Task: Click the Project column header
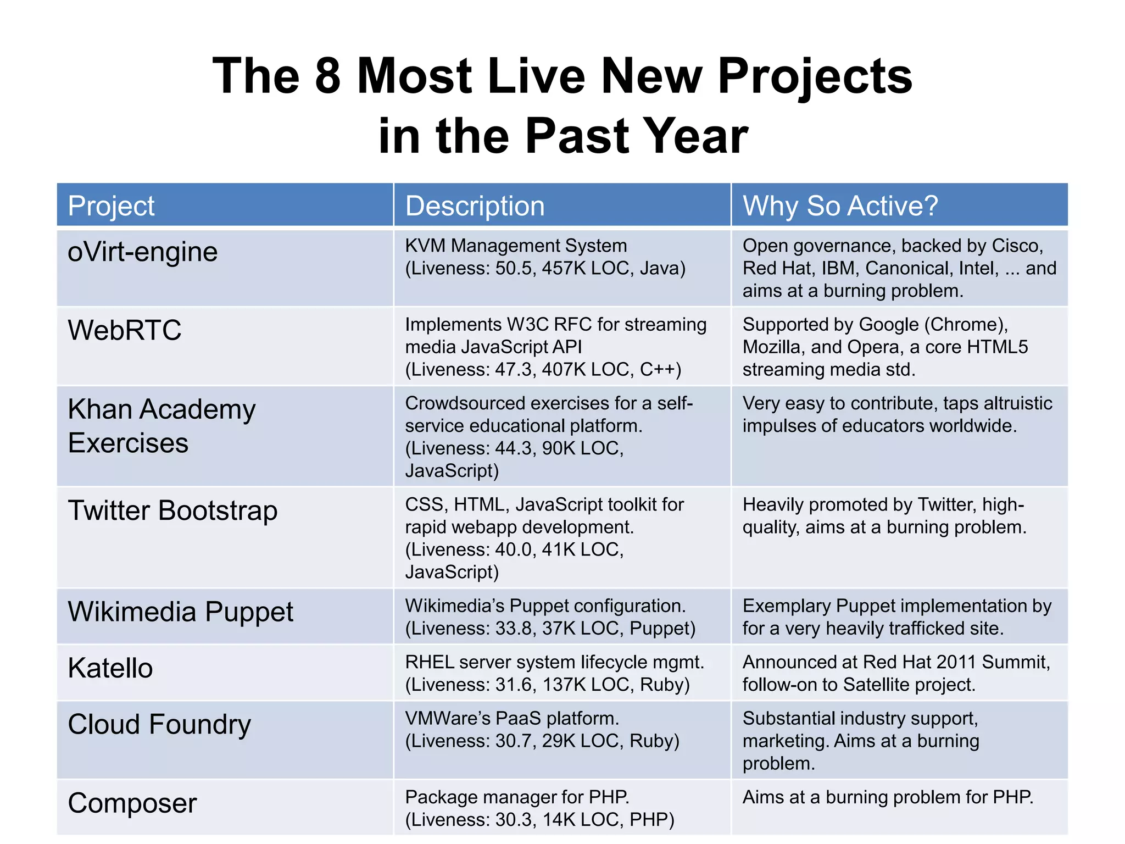[x=111, y=206]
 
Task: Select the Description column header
[x=475, y=206]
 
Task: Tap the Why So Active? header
[x=840, y=206]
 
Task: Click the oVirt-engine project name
[x=142, y=252]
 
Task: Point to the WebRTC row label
[x=124, y=330]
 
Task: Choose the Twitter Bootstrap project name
[x=172, y=510]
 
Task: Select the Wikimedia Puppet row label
[x=180, y=612]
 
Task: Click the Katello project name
[x=110, y=668]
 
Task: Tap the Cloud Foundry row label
[x=159, y=724]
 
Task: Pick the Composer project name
[x=132, y=803]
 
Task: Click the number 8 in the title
[x=328, y=76]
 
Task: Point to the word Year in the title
[x=695, y=136]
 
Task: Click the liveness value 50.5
[x=514, y=268]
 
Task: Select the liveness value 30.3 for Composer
[x=514, y=820]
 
